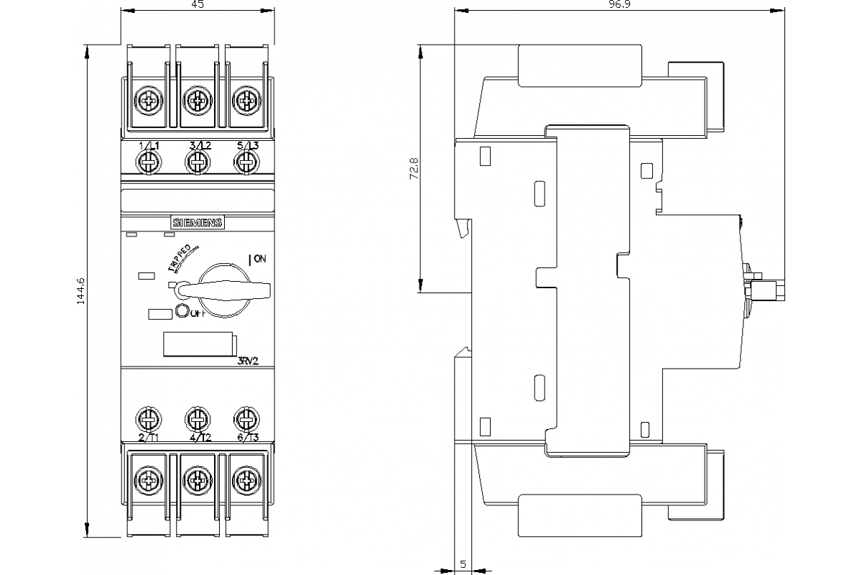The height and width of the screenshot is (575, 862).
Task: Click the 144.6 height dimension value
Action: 80,292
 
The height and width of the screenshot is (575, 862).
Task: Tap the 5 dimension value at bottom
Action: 463,564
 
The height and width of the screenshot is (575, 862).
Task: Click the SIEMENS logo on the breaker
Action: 197,223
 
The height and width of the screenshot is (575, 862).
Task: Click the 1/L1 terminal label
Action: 148,146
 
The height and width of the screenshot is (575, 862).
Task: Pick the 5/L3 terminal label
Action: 246,146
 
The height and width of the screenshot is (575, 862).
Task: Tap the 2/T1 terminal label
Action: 148,437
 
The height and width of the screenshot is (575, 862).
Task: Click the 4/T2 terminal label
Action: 199,437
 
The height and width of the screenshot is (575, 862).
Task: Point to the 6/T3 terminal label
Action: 246,437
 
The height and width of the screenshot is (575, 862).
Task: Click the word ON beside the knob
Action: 259,259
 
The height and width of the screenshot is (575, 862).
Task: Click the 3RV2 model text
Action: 248,362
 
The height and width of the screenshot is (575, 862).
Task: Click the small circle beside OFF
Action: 181,311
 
